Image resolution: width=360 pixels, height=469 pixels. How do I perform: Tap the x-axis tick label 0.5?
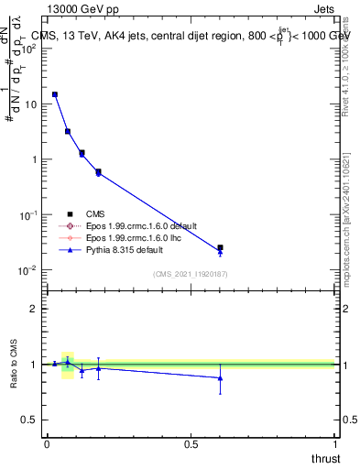[191, 443]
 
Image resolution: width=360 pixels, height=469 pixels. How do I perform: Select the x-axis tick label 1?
[335, 443]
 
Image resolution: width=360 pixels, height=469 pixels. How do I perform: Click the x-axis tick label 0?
[47, 443]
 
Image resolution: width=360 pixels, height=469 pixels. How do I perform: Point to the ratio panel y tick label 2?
[33, 309]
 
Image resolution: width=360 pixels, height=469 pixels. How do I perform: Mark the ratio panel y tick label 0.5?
[29, 420]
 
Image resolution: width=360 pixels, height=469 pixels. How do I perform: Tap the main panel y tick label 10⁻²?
[27, 270]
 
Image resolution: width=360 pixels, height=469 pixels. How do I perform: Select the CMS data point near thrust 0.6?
[220, 247]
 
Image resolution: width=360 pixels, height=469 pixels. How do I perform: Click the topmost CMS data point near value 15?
[55, 94]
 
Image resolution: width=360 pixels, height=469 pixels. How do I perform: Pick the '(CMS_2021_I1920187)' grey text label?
[191, 274]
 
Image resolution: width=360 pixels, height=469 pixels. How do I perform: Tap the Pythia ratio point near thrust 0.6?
[220, 377]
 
